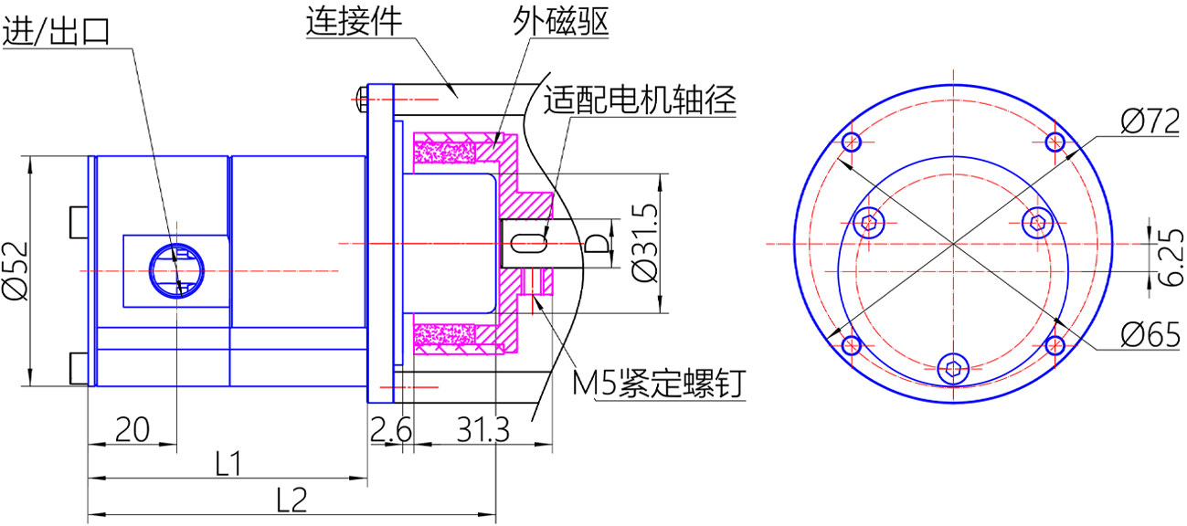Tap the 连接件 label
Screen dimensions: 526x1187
pyautogui.click(x=353, y=21)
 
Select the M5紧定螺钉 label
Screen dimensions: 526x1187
pyautogui.click(x=657, y=384)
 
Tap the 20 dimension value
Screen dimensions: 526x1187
pyautogui.click(x=133, y=428)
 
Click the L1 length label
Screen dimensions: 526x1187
pyautogui.click(x=227, y=464)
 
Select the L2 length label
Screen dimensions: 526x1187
pyautogui.click(x=291, y=500)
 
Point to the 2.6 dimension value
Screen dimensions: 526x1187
pyautogui.click(x=390, y=428)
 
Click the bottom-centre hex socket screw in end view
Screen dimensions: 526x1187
pyautogui.click(x=953, y=369)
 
